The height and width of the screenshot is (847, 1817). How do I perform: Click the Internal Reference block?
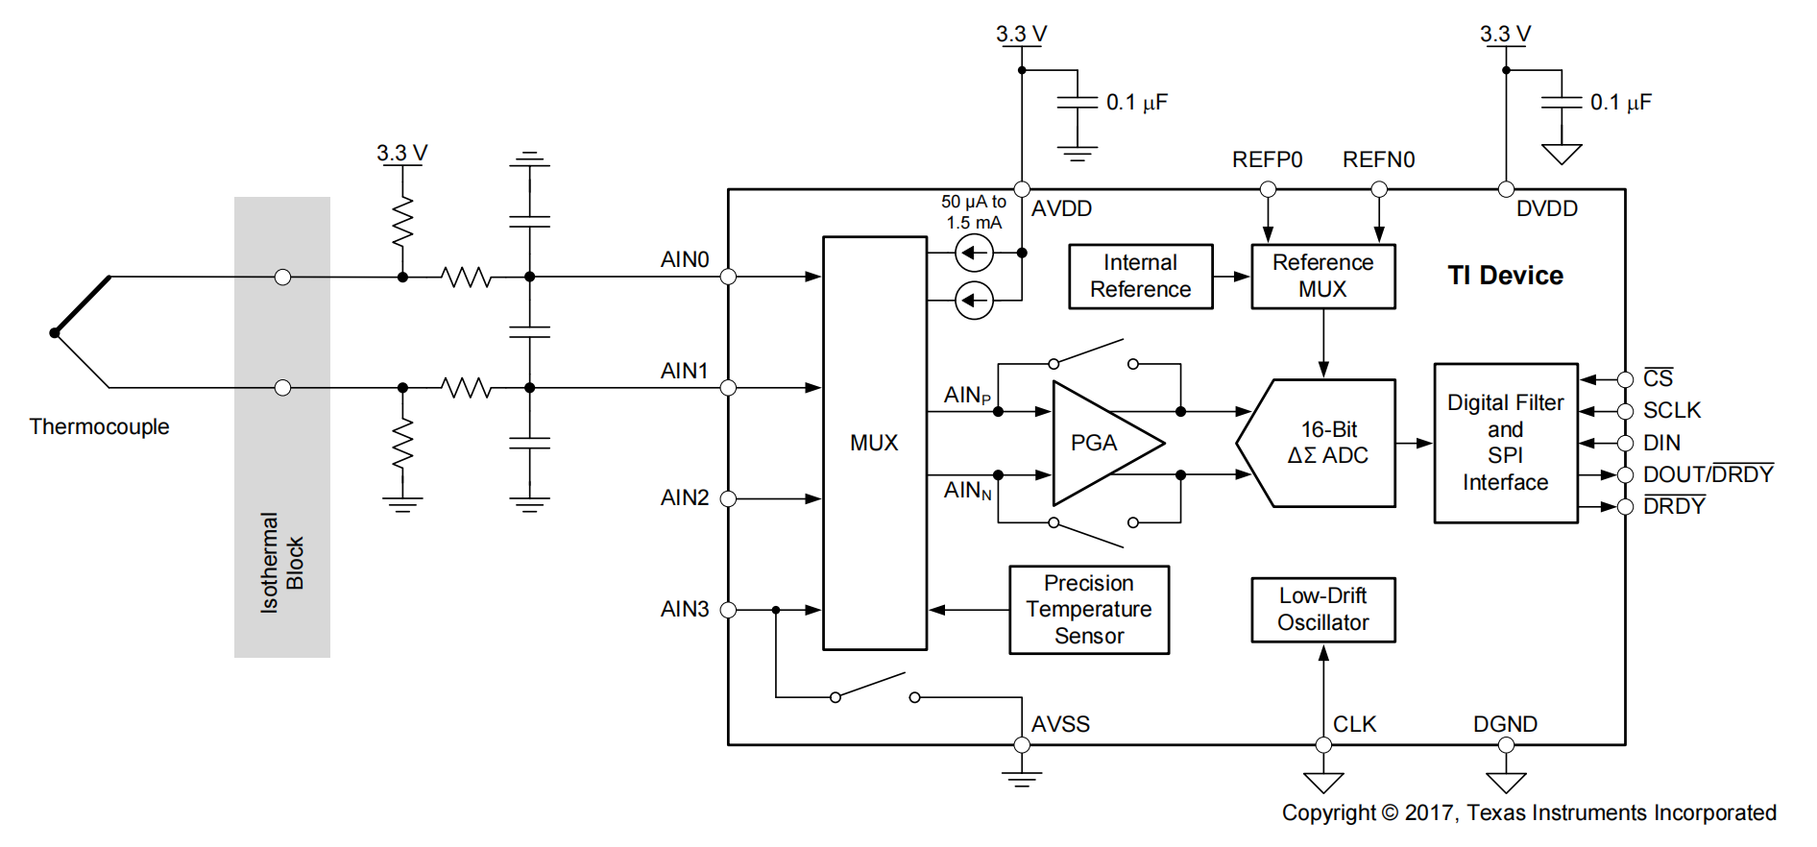(x=1141, y=277)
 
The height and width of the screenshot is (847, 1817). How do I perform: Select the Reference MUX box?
(x=1323, y=277)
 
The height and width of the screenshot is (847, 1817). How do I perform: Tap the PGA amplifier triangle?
(x=1108, y=443)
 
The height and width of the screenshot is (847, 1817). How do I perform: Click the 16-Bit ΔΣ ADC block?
(x=1316, y=443)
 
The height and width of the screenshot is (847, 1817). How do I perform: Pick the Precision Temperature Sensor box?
(x=1089, y=610)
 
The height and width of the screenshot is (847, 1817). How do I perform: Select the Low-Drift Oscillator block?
(x=1323, y=610)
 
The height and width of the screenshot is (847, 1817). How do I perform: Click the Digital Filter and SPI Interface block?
(x=1506, y=443)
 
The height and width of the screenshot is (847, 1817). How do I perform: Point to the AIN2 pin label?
(x=685, y=497)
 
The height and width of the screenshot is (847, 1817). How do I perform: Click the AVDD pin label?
(x=1061, y=208)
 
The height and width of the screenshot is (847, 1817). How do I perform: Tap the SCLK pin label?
(x=1672, y=410)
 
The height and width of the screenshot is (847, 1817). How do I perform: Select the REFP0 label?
(x=1268, y=159)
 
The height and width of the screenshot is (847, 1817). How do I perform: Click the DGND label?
(x=1506, y=724)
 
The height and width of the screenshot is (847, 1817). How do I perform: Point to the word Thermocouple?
(x=99, y=426)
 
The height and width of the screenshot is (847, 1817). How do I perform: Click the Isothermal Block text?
(x=282, y=563)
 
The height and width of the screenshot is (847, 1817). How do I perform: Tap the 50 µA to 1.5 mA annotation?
(x=974, y=212)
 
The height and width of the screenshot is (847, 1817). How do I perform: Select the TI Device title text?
(x=1506, y=276)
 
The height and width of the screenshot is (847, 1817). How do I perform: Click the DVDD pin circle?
(x=1506, y=189)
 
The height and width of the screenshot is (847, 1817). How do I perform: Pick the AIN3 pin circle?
(x=728, y=610)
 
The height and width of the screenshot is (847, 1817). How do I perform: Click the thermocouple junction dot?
(x=55, y=333)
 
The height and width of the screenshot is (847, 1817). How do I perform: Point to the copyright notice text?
(x=1529, y=812)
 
